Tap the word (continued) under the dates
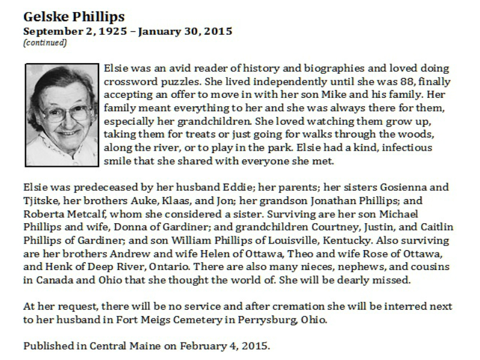[x=45, y=43]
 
